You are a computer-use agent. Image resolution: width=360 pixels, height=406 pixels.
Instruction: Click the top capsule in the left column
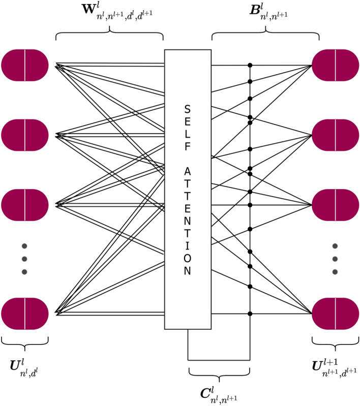pos(25,65)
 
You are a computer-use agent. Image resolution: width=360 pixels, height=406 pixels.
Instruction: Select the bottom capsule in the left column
pos(25,314)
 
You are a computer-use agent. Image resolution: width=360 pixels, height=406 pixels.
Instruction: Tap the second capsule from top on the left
pos(25,135)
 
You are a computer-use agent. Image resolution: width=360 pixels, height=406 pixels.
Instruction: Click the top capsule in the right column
pos(335,65)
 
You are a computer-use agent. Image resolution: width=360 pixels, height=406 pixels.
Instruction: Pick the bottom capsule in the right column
pos(335,314)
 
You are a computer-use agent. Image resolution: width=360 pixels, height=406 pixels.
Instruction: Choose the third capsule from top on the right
pos(335,205)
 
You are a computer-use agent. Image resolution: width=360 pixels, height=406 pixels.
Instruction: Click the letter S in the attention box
pos(187,110)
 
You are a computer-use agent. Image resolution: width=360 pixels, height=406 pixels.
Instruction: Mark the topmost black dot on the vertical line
pos(250,65)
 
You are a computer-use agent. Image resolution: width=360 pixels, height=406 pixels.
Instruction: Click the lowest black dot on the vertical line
pos(250,314)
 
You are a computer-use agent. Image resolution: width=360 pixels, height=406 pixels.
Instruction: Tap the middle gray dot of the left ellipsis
pos(24,259)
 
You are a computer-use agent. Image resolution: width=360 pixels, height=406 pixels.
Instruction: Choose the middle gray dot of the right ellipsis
pos(335,259)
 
